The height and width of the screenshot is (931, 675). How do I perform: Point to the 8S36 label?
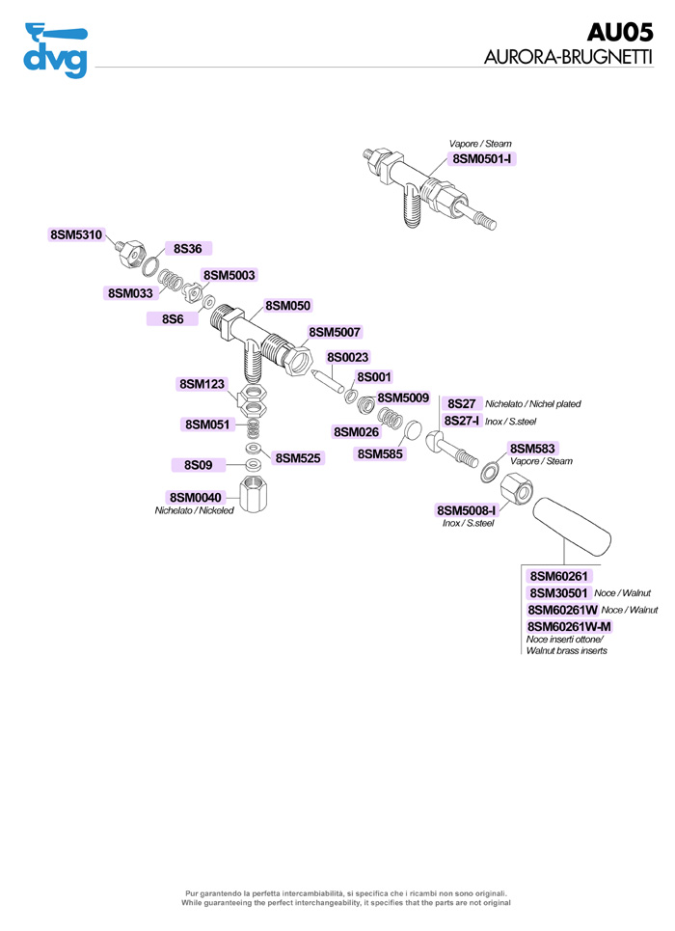187,249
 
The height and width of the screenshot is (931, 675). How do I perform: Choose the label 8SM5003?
229,275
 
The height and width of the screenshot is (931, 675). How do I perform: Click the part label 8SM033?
130,292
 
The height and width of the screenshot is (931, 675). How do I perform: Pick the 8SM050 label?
287,305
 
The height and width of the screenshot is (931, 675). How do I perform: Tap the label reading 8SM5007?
335,332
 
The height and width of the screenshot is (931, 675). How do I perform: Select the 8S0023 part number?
347,358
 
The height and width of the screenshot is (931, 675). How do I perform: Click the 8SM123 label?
202,384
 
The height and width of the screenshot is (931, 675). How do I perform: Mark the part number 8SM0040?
195,497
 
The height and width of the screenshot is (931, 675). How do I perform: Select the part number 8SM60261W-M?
569,627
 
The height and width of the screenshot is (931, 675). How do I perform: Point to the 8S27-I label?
462,421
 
